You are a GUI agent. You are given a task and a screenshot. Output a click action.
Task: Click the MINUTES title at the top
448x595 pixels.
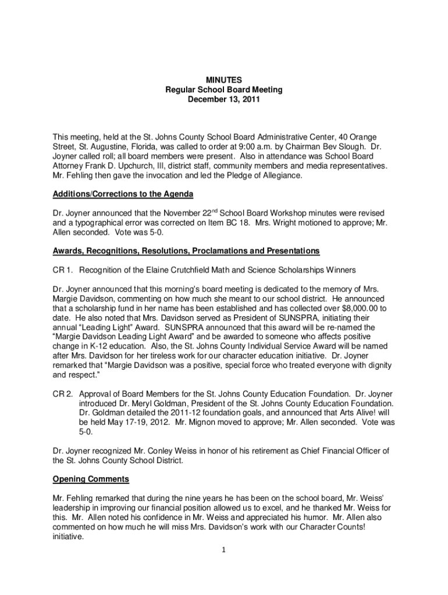pos(223,80)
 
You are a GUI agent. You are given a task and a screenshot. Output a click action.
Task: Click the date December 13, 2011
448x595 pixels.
pos(223,99)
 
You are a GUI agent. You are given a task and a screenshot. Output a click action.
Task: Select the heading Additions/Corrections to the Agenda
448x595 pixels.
pos(123,194)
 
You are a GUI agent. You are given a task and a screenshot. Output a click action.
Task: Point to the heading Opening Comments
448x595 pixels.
pos(91,479)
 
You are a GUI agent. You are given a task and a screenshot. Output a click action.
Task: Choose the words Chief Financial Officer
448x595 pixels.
pos(336,450)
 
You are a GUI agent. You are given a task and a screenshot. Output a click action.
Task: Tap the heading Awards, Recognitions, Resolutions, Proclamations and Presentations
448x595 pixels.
pos(186,250)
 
